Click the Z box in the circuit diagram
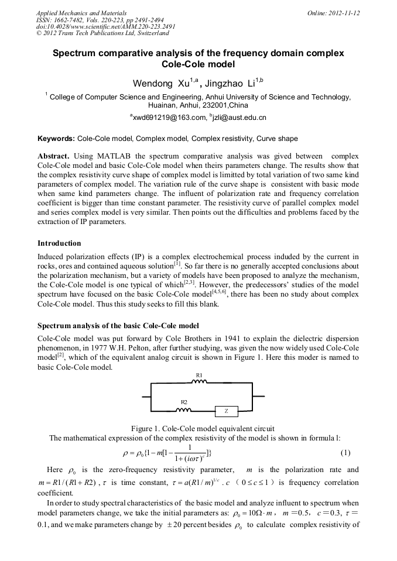(226, 411)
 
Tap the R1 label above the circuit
(199, 374)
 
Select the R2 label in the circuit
(184, 402)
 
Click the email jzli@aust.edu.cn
(238, 118)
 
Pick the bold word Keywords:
(56, 139)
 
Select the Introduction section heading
(59, 243)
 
